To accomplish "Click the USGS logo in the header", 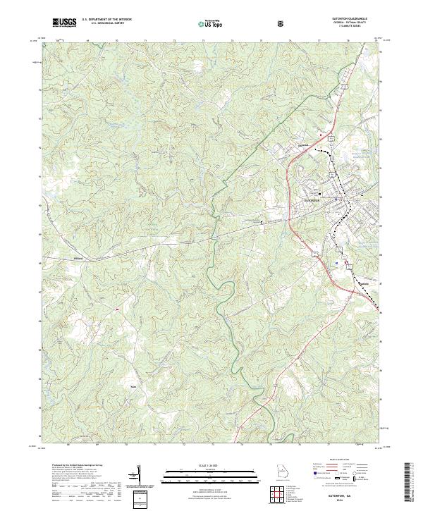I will (x=65, y=23).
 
